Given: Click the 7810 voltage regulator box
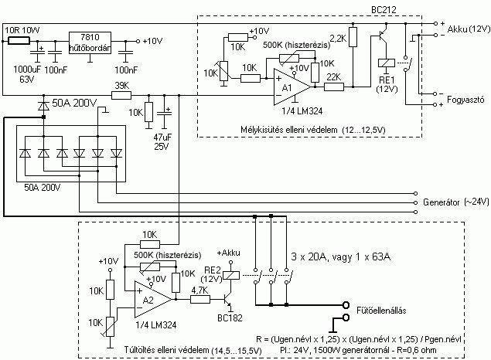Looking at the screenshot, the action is (90, 42).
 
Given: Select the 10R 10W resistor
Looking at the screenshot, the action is (19, 41).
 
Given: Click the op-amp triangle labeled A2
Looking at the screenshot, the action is (153, 299).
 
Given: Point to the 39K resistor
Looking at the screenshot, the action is (121, 95).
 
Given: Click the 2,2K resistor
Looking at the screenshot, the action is (353, 37).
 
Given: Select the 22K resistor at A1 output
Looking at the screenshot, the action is (334, 87).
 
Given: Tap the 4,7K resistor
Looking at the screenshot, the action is (200, 299).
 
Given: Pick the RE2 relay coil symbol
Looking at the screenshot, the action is (231, 276).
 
